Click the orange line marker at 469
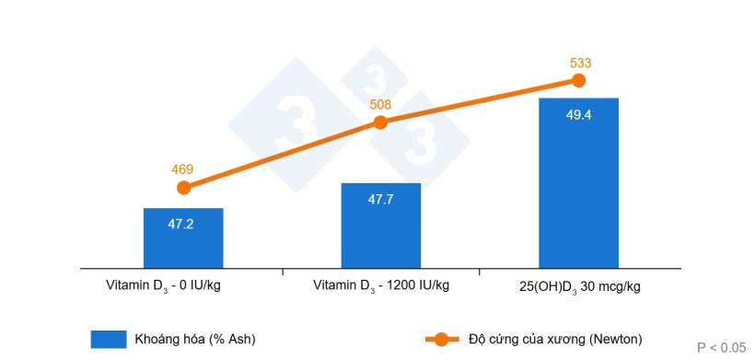coord(183,188)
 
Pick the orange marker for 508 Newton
coord(380,122)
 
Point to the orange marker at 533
coord(578,80)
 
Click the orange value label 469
coord(183,169)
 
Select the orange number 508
coord(380,105)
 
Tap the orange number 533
coord(579,63)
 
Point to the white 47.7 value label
coord(380,199)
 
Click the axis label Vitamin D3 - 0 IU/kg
coord(163,285)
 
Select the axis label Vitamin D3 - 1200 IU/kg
coord(381,285)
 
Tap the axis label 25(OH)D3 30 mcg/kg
coord(579,285)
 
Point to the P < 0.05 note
coord(721,347)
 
